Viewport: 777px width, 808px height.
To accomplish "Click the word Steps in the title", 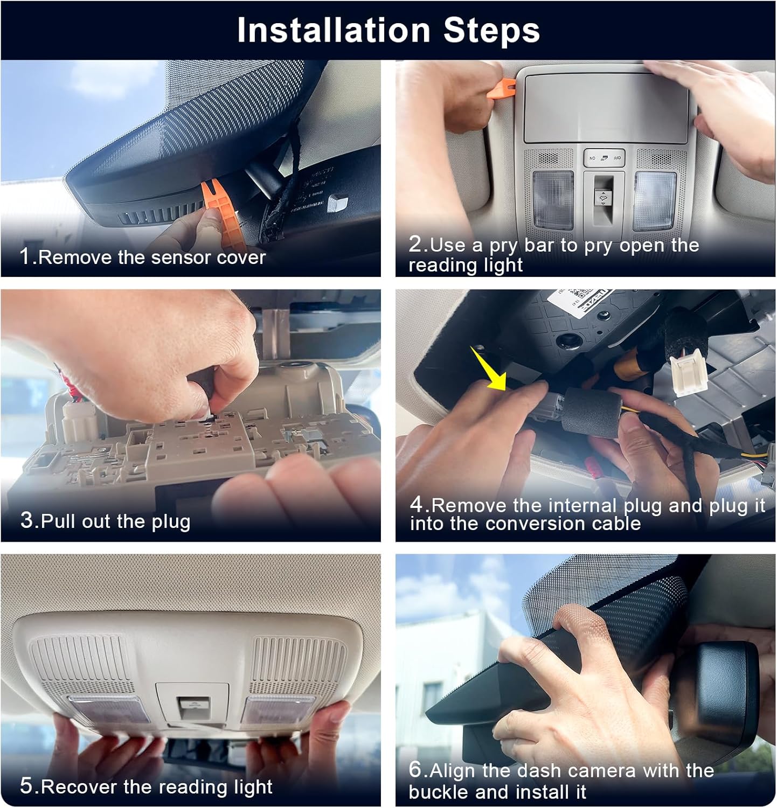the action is point(491,31).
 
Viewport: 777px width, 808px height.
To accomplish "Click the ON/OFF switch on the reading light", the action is point(604,158).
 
